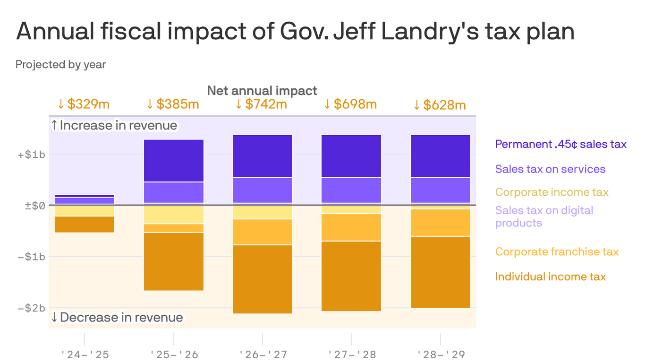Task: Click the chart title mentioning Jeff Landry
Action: pyautogui.click(x=295, y=32)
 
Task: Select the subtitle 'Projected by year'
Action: pyautogui.click(x=60, y=64)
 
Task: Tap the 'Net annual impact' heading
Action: pyautogui.click(x=262, y=90)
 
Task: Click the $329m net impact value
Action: pyautogui.click(x=84, y=104)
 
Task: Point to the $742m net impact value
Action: pyautogui.click(x=262, y=104)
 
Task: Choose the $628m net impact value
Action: pyautogui.click(x=440, y=104)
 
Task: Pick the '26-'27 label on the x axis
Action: pyautogui.click(x=263, y=354)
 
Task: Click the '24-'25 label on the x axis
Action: pyautogui.click(x=85, y=354)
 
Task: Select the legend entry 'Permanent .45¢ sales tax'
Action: pyautogui.click(x=560, y=144)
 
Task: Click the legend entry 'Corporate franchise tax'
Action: pyautogui.click(x=557, y=252)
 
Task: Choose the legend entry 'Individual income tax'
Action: pyautogui.click(x=550, y=277)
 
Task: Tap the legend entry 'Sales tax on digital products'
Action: pyautogui.click(x=544, y=216)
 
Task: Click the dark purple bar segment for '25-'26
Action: pyautogui.click(x=173, y=161)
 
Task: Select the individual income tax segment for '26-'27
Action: pyautogui.click(x=263, y=279)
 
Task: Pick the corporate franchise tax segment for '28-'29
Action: pyautogui.click(x=441, y=223)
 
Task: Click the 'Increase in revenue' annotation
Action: pyautogui.click(x=114, y=125)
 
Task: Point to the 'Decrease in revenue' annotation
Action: pyautogui.click(x=117, y=317)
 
